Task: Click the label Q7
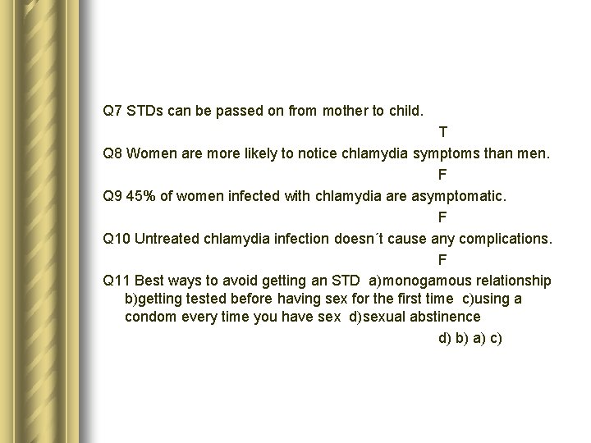coord(112,110)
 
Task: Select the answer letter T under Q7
coord(443,131)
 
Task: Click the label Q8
coord(112,153)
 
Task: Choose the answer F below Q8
coord(442,174)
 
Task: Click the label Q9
coord(112,195)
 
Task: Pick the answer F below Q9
coord(442,217)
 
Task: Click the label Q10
coord(116,239)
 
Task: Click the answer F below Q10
coord(442,260)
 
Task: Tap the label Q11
coord(116,281)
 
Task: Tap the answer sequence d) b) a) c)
coord(470,338)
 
